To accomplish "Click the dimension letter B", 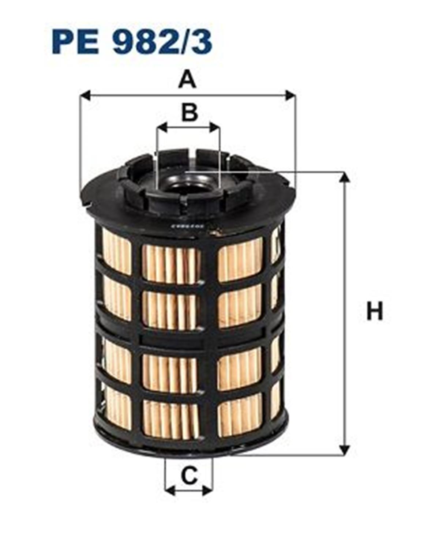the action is [x=190, y=112].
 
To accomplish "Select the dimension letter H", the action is [x=374, y=311].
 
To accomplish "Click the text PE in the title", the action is [x=75, y=42].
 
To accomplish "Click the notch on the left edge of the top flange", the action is [x=89, y=203].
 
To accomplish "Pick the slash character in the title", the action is [x=182, y=42].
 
